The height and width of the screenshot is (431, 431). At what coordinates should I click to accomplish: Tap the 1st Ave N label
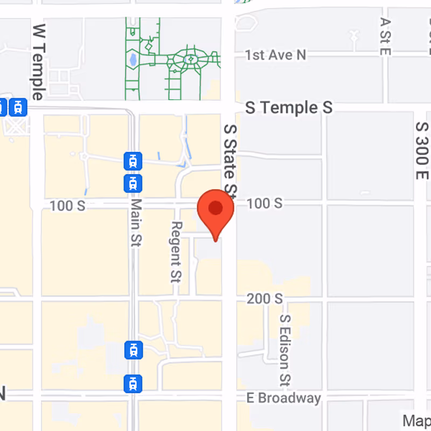(275, 55)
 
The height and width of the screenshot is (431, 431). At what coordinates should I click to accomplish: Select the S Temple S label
(289, 108)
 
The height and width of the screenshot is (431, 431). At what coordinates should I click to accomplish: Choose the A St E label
(385, 36)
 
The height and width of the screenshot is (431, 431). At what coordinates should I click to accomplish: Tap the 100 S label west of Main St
(67, 206)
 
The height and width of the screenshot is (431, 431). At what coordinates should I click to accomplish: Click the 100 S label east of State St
(265, 203)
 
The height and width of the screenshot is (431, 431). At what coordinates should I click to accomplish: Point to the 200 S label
(265, 298)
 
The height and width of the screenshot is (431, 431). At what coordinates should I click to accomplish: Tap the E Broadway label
(284, 398)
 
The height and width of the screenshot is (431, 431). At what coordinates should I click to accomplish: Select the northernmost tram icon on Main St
(133, 160)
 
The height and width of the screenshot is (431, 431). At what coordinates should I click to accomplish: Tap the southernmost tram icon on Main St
(133, 384)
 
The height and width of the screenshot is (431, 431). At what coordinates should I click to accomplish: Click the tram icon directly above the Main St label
(133, 182)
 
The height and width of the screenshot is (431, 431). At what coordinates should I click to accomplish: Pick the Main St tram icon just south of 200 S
(133, 350)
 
